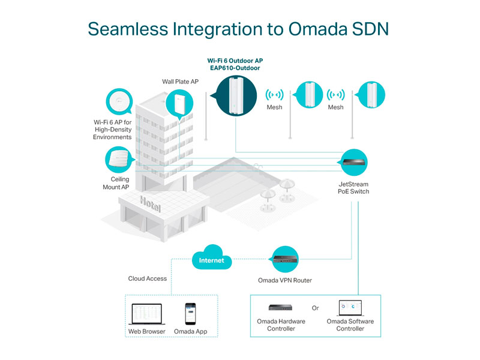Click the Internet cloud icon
pos(212,257)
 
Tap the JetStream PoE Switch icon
pos(353,163)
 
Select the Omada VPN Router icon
pos(286,259)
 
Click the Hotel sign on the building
pos(150,204)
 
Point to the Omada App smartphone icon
pos(190,314)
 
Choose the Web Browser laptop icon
pos(146,314)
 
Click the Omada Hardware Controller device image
pos(280,307)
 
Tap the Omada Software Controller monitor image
pos(350,308)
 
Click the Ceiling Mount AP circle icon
pos(119,160)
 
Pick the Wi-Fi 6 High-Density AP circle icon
pos(119,101)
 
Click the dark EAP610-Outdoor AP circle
pos(235,96)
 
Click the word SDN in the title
pos(370,29)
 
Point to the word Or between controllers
pos(316,308)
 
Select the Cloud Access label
pos(148,278)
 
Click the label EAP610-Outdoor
pos(235,68)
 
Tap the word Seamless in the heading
pos(128,29)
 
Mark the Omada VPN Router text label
pos(285,280)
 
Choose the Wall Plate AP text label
pos(181,82)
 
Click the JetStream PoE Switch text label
pos(353,188)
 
